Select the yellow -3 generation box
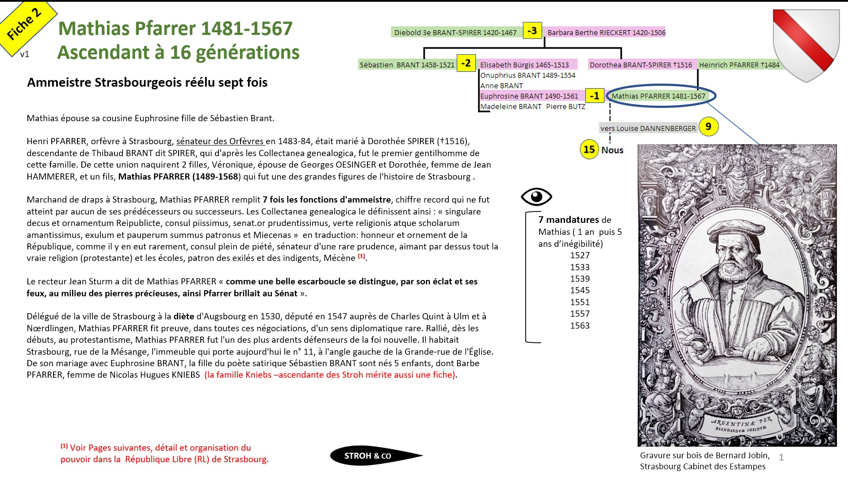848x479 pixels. pyautogui.click(x=532, y=31)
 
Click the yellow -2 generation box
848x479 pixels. pyautogui.click(x=466, y=63)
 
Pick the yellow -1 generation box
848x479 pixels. pyautogui.click(x=595, y=96)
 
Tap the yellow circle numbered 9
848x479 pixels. pyautogui.click(x=708, y=127)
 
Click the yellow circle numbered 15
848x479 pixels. pyautogui.click(x=589, y=149)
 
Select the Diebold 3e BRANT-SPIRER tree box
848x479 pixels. pyautogui.click(x=455, y=32)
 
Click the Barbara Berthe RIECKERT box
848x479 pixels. pyautogui.click(x=606, y=32)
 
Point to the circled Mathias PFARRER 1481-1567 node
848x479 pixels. pyautogui.click(x=658, y=96)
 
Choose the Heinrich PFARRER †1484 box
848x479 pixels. pyautogui.click(x=739, y=65)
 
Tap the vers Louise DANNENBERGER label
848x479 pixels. pyautogui.click(x=648, y=128)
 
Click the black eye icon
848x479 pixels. pyautogui.click(x=536, y=196)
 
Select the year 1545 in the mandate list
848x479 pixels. pyautogui.click(x=580, y=290)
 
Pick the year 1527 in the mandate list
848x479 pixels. pyautogui.click(x=580, y=255)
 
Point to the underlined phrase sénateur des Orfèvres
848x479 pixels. pyautogui.click(x=220, y=141)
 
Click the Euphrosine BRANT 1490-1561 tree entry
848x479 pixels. pyautogui.click(x=529, y=96)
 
